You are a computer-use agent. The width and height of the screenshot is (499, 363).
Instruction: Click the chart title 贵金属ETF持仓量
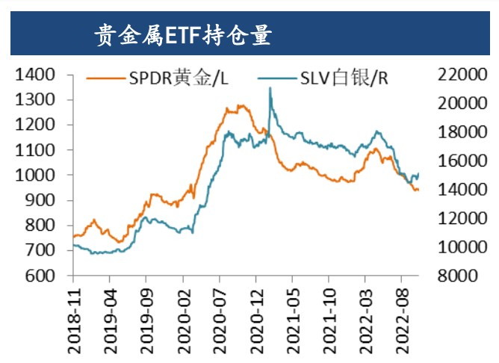point(182,35)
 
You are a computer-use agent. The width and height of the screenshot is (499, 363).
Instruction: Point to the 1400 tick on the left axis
point(35,75)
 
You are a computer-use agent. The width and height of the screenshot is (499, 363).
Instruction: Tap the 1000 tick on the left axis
point(35,176)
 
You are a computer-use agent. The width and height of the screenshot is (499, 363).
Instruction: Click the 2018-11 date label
point(74,314)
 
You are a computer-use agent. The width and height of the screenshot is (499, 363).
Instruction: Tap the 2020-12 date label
point(257,314)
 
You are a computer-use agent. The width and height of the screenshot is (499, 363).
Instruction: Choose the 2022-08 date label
point(403,314)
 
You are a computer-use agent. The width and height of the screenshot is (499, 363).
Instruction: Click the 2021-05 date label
point(294,314)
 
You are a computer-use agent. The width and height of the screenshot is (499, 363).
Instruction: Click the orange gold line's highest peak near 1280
point(241,106)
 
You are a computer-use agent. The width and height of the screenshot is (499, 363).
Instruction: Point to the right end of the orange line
point(418,190)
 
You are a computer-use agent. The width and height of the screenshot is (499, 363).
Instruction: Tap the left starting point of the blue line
point(73,245)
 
